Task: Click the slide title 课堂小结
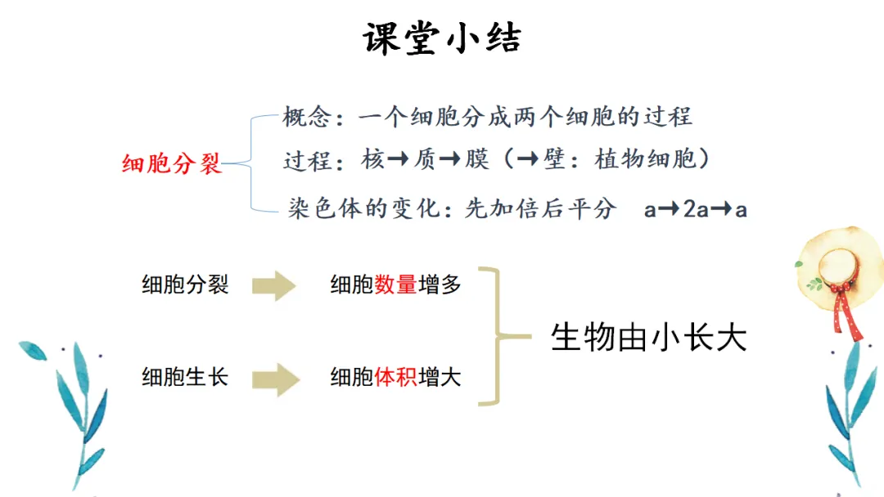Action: click(x=442, y=39)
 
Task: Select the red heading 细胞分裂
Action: click(x=172, y=163)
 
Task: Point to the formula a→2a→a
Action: click(x=695, y=209)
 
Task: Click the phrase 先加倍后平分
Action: click(x=540, y=209)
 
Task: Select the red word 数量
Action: click(x=396, y=284)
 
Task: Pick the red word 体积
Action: click(x=396, y=377)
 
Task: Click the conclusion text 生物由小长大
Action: click(x=649, y=336)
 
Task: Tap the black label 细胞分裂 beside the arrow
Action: click(x=185, y=284)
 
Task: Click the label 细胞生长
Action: click(x=185, y=377)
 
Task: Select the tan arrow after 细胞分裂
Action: click(x=273, y=285)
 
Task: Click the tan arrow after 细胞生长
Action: click(x=273, y=378)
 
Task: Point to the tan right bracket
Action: click(x=496, y=335)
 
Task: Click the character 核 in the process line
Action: click(x=372, y=159)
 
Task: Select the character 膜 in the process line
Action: click(x=476, y=159)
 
